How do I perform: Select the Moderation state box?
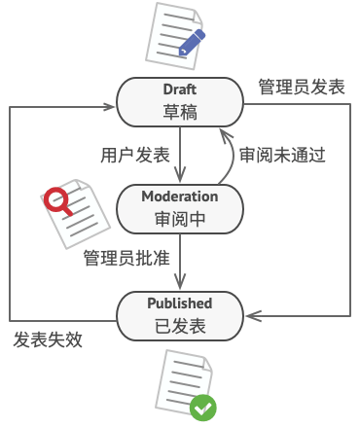pos(180,207)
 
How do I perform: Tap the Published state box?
pos(180,314)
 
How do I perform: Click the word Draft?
pos(180,91)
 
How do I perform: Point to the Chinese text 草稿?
pos(180,113)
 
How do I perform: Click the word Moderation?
pos(180,196)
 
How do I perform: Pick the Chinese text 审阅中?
pos(180,219)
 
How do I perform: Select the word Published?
pos(180,303)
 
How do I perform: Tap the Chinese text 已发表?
pos(180,326)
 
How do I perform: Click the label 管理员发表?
pos(302,87)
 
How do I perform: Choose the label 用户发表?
pos(135,155)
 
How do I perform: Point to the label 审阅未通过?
pos(282,155)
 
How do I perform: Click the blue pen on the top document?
pos(192,40)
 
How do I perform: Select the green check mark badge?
pos(202,408)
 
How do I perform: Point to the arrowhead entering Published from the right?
pos(255,315)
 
